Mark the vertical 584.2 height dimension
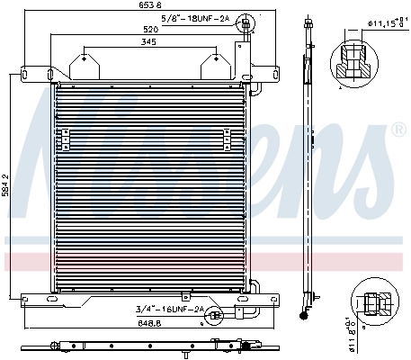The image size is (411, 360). click(7, 188)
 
